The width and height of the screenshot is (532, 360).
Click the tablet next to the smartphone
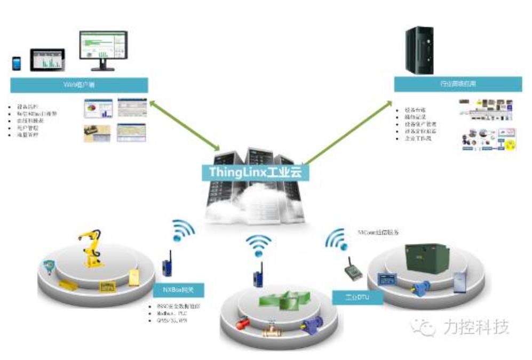point(47,60)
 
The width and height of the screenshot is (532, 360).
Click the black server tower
point(419,51)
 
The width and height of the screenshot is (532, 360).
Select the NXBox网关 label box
point(179,291)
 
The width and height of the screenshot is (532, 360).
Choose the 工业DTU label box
point(358,297)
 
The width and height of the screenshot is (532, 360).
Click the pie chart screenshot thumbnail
point(98,108)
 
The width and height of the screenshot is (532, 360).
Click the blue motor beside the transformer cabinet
point(418,287)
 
